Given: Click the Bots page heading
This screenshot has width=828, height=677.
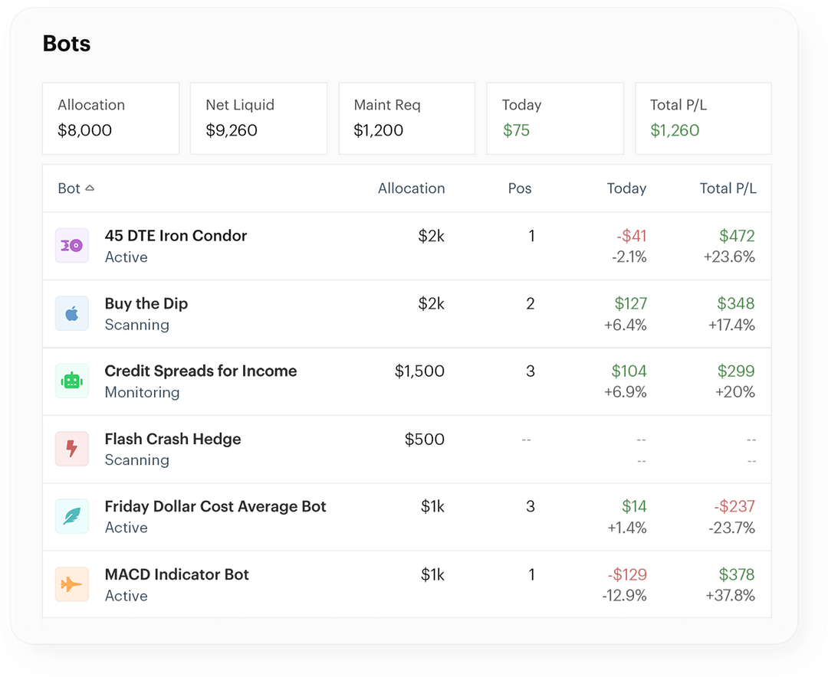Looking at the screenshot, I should (x=67, y=44).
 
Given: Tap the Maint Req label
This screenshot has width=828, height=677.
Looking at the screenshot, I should (x=387, y=105).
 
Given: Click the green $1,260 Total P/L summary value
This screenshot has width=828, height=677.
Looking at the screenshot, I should (x=675, y=130).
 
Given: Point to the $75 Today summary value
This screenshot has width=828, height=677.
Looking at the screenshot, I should (x=516, y=130).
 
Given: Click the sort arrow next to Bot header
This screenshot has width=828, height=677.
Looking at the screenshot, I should (x=90, y=188).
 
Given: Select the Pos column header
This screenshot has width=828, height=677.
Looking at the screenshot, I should (x=519, y=188).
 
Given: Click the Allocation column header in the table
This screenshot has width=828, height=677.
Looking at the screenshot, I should (x=411, y=188).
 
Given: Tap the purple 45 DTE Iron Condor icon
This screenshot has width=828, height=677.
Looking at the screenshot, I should (x=72, y=246).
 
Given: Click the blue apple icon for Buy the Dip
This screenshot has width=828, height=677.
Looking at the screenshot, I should (x=72, y=313).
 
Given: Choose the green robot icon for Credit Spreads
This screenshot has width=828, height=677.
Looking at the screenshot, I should (x=72, y=381).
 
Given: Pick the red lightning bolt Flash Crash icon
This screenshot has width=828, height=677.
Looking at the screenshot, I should (x=72, y=449).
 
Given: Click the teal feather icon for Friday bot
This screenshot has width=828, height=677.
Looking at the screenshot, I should (x=72, y=516).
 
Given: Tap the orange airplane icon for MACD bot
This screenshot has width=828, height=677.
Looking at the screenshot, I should (x=72, y=584).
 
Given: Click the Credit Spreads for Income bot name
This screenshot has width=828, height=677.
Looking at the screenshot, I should (x=201, y=371).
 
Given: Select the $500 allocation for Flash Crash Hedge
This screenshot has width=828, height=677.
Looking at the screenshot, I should (x=424, y=439).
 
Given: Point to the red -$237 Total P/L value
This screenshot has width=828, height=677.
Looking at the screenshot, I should (x=734, y=506).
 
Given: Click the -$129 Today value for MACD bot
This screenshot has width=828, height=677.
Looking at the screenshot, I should (x=626, y=574).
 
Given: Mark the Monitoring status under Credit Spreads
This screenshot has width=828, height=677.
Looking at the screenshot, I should (x=142, y=392).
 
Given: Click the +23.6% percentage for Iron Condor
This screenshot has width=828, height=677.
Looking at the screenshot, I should (x=729, y=257).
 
